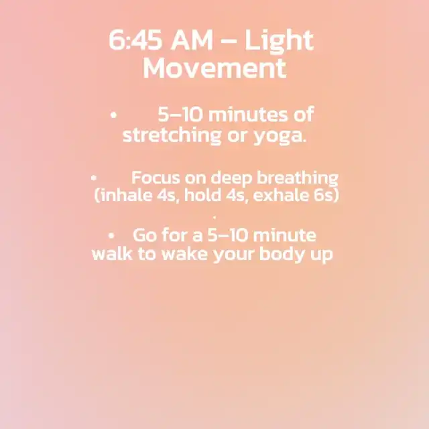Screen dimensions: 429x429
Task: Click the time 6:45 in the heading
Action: tap(135, 40)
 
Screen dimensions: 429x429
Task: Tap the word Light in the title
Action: tap(279, 42)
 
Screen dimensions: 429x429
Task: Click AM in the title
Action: tap(192, 40)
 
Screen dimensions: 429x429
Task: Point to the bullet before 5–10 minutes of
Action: tap(113, 115)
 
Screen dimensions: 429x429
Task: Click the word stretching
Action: tap(172, 135)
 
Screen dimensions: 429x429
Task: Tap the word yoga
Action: tap(280, 136)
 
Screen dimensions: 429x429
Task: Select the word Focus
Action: tap(156, 178)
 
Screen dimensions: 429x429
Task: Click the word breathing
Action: tap(298, 178)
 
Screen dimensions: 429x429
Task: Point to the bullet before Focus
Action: tap(94, 178)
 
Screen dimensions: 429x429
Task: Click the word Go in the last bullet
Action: tap(145, 235)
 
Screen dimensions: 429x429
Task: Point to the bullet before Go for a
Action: tap(111, 235)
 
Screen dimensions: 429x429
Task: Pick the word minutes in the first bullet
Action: tap(248, 115)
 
